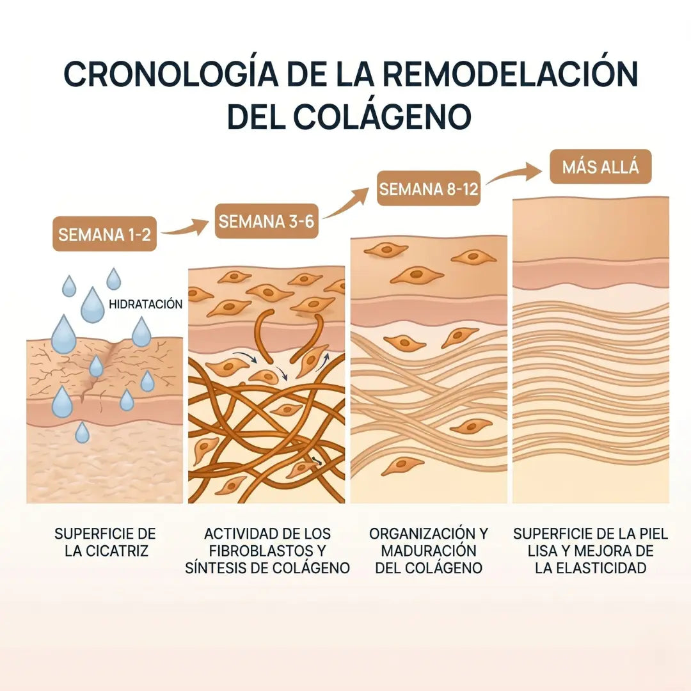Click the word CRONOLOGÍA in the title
point(171,74)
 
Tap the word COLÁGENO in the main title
point(382,116)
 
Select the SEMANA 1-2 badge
point(104,234)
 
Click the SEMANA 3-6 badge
point(266,221)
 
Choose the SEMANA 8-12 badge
point(428,189)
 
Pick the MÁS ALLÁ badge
point(600,167)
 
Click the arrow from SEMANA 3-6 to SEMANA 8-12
point(346,203)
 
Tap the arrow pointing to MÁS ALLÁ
point(514,173)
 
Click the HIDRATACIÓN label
point(145,304)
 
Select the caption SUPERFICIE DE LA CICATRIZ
point(106,542)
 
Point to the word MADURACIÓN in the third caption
point(429,551)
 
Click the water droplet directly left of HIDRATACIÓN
point(93,305)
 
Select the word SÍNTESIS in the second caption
point(216,568)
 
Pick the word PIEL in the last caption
point(653,534)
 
